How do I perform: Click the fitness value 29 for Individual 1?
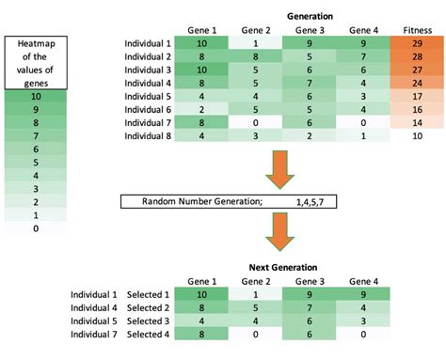[417, 43]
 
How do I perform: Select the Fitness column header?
[418, 30]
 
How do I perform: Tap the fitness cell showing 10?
[417, 136]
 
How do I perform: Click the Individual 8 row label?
[148, 136]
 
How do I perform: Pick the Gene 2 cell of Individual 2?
[256, 56]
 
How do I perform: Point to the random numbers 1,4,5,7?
[310, 202]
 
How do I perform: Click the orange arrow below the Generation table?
[279, 169]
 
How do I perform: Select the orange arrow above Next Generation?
[279, 232]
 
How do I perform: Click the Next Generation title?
[283, 267]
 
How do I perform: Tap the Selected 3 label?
[148, 321]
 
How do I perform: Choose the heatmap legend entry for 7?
[36, 136]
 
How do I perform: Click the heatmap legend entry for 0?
[36, 228]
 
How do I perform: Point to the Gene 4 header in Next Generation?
[363, 281]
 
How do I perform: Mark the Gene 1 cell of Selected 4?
[201, 334]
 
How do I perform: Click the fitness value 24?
[417, 83]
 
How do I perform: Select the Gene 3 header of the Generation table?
[310, 30]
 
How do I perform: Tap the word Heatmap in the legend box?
[37, 43]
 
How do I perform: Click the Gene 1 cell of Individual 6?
[201, 110]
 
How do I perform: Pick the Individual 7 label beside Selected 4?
[94, 335]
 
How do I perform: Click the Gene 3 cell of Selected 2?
[310, 307]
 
